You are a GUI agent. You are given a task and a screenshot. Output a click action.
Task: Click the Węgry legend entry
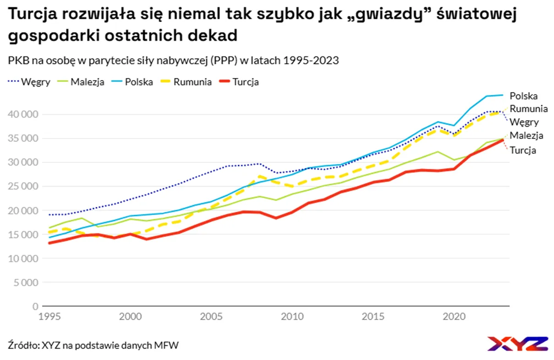[29, 82]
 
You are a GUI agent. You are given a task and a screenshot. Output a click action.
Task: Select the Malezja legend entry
[81, 82]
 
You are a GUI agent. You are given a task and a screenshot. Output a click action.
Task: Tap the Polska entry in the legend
[132, 82]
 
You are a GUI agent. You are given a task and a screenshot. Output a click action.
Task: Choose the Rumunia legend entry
[186, 82]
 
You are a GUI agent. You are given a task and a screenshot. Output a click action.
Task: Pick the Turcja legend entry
[239, 82]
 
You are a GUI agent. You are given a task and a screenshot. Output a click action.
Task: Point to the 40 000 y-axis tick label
[23, 114]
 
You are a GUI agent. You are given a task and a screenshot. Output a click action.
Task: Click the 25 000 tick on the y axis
[23, 186]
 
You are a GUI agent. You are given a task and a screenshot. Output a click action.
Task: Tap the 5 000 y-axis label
[26, 282]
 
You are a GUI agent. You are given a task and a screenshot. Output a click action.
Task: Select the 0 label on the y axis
[35, 306]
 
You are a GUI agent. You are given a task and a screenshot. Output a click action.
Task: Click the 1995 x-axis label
[49, 317]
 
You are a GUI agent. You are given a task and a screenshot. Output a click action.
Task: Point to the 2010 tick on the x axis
[292, 317]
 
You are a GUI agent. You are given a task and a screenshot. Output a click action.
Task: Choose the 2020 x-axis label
[454, 317]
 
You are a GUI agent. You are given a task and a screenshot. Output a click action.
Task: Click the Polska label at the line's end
[524, 96]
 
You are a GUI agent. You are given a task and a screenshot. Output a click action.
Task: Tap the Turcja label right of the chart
[523, 150]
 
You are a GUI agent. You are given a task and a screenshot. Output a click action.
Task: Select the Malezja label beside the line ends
[527, 136]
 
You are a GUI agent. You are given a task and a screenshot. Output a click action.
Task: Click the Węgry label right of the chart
[524, 122]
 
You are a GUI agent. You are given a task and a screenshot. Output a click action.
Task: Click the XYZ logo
[518, 343]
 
